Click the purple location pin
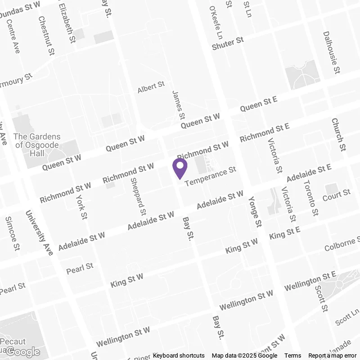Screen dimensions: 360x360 180,168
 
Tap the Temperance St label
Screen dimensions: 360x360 210,176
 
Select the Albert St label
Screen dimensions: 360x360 151,87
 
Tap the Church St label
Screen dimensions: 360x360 338,135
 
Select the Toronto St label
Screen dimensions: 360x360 311,198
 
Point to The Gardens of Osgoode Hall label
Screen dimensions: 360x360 37,145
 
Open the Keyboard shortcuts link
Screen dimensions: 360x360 179,355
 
